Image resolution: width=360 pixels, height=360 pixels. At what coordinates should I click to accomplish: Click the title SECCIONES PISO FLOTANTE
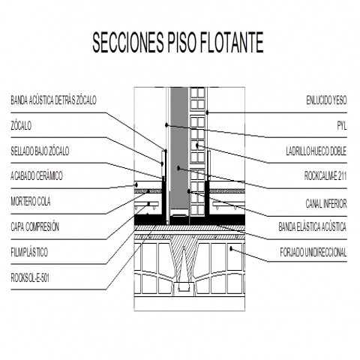pyautogui.click(x=178, y=42)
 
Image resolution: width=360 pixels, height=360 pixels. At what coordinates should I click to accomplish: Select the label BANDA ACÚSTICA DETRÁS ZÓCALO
pyautogui.click(x=53, y=100)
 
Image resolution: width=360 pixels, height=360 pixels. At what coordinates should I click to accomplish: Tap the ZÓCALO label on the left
pyautogui.click(x=21, y=125)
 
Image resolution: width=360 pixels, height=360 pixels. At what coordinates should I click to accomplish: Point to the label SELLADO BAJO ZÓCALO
pyautogui.click(x=40, y=151)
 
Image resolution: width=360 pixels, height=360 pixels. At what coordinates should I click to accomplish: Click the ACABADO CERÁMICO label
pyautogui.click(x=37, y=175)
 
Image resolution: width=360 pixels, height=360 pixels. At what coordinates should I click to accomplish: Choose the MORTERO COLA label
pyautogui.click(x=31, y=201)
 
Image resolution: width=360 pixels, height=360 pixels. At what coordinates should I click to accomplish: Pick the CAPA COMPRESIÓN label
pyautogui.click(x=34, y=226)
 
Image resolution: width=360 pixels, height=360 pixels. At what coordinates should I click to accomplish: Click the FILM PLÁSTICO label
pyautogui.click(x=29, y=252)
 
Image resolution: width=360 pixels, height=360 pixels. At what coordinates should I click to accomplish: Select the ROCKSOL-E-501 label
pyautogui.click(x=30, y=277)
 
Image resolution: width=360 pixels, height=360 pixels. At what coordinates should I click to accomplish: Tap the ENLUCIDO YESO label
pyautogui.click(x=326, y=100)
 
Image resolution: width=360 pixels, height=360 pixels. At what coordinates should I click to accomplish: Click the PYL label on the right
pyautogui.click(x=342, y=125)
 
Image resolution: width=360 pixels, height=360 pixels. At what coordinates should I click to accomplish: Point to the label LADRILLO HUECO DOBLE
pyautogui.click(x=316, y=151)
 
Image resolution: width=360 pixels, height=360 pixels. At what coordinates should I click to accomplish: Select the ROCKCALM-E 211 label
pyautogui.click(x=325, y=175)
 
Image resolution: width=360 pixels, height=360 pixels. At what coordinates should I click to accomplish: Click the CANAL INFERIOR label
pyautogui.click(x=326, y=203)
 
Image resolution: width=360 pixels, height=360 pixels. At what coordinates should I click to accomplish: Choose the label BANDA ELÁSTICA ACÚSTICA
pyautogui.click(x=313, y=226)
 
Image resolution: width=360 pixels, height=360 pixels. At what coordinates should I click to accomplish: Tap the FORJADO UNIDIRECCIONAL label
pyautogui.click(x=313, y=252)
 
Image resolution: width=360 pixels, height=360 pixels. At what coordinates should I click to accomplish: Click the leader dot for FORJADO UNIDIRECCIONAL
pyautogui.click(x=231, y=248)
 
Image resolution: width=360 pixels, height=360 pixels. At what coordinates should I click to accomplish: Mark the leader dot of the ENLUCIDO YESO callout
pyautogui.click(x=207, y=112)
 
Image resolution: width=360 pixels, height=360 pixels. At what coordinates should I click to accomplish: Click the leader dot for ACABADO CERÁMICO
pyautogui.click(x=136, y=184)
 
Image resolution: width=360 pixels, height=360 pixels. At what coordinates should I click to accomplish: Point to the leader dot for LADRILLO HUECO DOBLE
pyautogui.click(x=197, y=145)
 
